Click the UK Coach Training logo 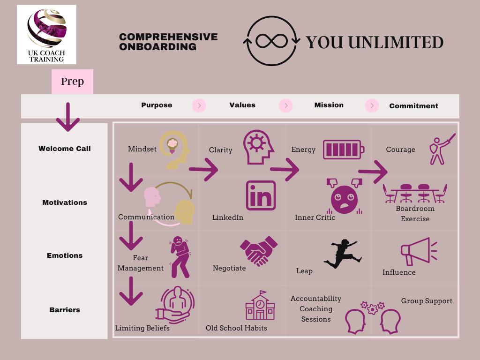click(46, 35)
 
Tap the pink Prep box click(72, 82)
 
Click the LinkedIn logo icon click(261, 195)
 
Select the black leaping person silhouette click(343, 254)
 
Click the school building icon click(260, 305)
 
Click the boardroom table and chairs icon click(415, 193)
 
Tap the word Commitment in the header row click(413, 106)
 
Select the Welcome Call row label click(65, 149)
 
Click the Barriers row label click(65, 310)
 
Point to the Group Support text click(427, 301)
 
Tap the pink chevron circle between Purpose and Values click(199, 105)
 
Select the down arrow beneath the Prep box click(68, 117)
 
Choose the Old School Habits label click(236, 328)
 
